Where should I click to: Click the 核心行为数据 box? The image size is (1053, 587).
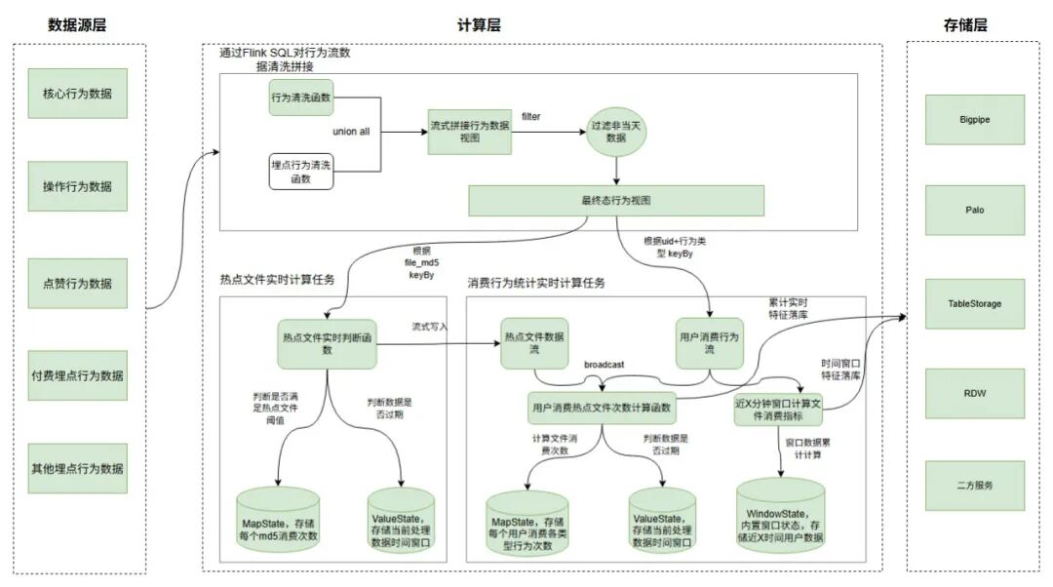pos(77,94)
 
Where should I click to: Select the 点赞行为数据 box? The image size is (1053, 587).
pos(77,283)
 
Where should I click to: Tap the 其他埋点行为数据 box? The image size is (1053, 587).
pos(77,469)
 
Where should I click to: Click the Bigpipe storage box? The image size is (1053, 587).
pos(974,118)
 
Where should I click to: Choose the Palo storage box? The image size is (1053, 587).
pos(974,210)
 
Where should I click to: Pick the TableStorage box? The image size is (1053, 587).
pos(974,302)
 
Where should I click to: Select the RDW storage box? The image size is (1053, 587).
pos(974,393)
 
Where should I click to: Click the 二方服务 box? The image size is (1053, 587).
pos(974,485)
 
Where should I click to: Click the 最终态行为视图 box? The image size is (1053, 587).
pos(615,201)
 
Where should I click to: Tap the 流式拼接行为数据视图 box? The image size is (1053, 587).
pos(470,132)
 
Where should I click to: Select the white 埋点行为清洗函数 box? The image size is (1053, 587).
pos(301,172)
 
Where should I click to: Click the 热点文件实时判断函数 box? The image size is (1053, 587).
pos(327,344)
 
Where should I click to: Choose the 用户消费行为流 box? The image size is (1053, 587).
pos(710,343)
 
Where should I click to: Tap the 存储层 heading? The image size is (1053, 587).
pos(965,25)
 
